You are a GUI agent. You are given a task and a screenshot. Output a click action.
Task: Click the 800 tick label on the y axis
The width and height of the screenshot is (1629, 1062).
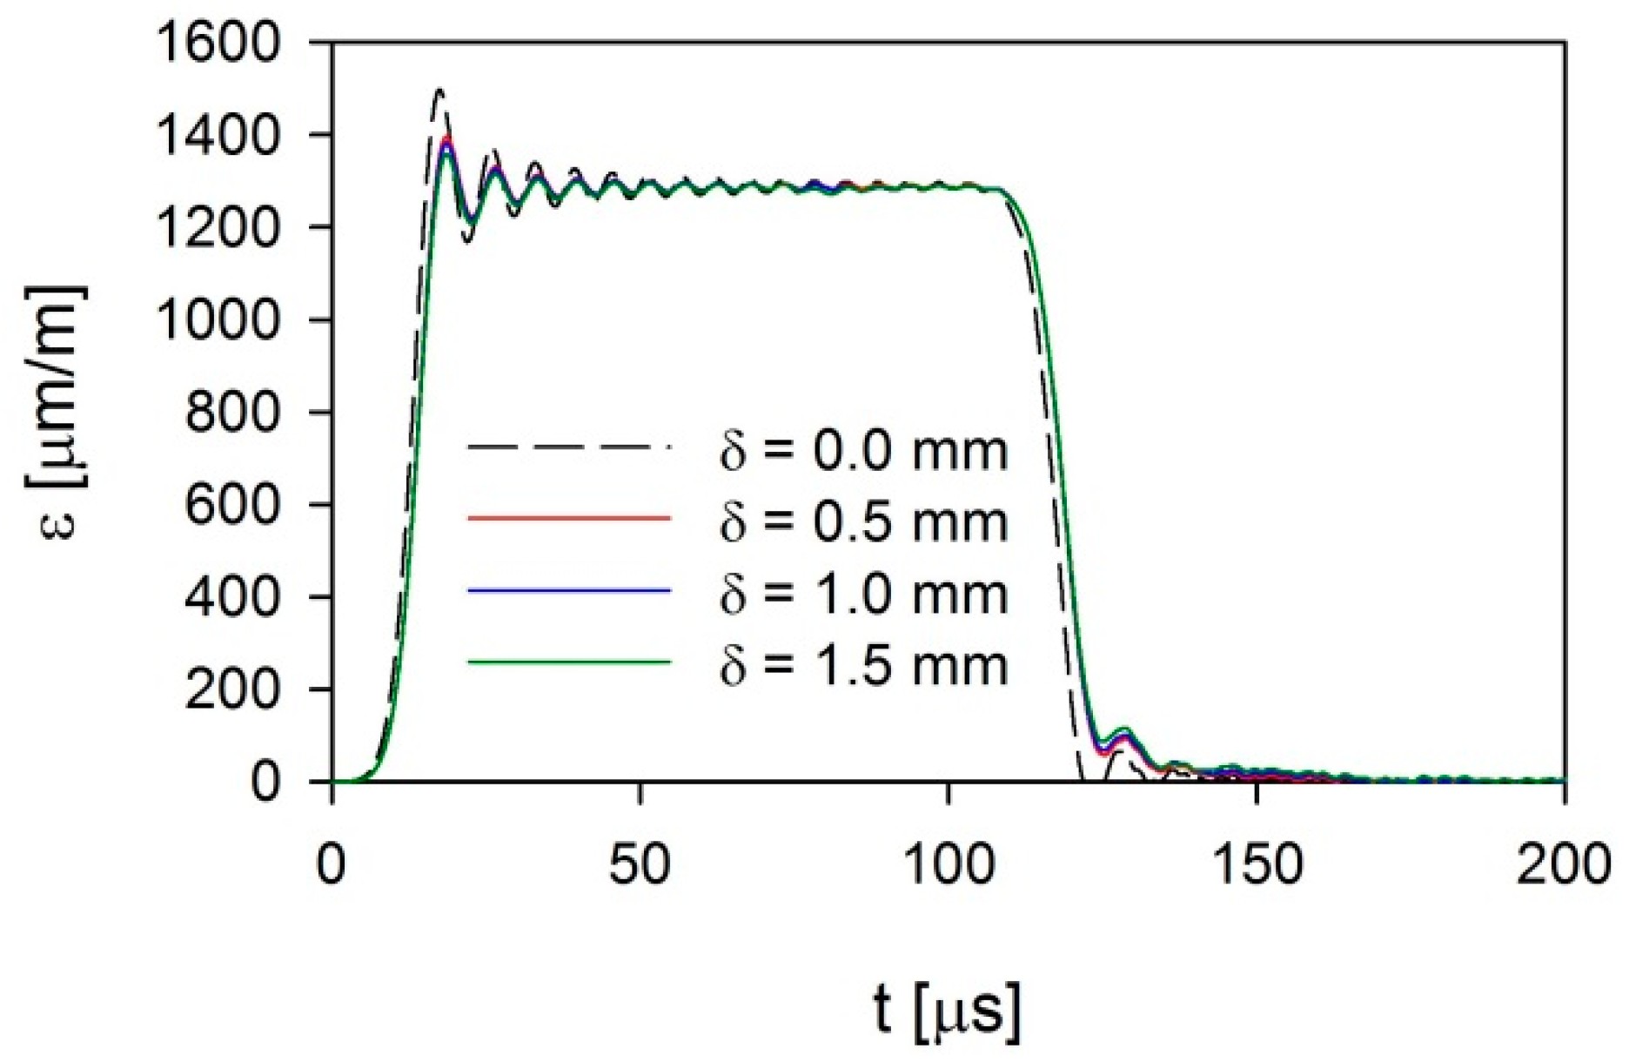pyautogui.click(x=233, y=412)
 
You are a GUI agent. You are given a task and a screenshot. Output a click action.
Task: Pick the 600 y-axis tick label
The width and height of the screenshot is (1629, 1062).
pyautogui.click(x=233, y=504)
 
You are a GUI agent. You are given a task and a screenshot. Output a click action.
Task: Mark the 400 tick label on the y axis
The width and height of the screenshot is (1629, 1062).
pyautogui.click(x=233, y=597)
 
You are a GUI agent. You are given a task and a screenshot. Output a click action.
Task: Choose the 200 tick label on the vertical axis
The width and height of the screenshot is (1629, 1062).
pyautogui.click(x=233, y=689)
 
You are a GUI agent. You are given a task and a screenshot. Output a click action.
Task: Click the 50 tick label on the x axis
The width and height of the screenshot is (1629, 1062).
pyautogui.click(x=640, y=864)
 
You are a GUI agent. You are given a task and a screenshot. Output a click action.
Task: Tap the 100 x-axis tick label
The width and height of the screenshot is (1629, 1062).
pyautogui.click(x=948, y=864)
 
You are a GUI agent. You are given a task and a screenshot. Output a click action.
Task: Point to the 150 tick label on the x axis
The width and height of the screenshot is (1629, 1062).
pyautogui.click(x=1256, y=864)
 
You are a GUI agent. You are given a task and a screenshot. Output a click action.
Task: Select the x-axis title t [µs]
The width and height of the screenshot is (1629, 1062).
pyautogui.click(x=948, y=1010)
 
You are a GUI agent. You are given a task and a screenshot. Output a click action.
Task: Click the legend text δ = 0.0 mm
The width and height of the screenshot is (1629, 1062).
pyautogui.click(x=863, y=451)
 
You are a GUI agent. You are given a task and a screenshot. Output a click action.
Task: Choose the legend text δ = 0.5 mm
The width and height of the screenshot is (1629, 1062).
pyautogui.click(x=863, y=523)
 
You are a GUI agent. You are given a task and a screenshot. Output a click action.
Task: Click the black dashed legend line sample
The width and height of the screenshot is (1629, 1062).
pyautogui.click(x=570, y=447)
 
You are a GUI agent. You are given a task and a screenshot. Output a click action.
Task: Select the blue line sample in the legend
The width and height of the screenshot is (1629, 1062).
pyautogui.click(x=570, y=591)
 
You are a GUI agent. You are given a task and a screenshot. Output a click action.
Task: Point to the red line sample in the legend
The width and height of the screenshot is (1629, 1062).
pyautogui.click(x=570, y=519)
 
